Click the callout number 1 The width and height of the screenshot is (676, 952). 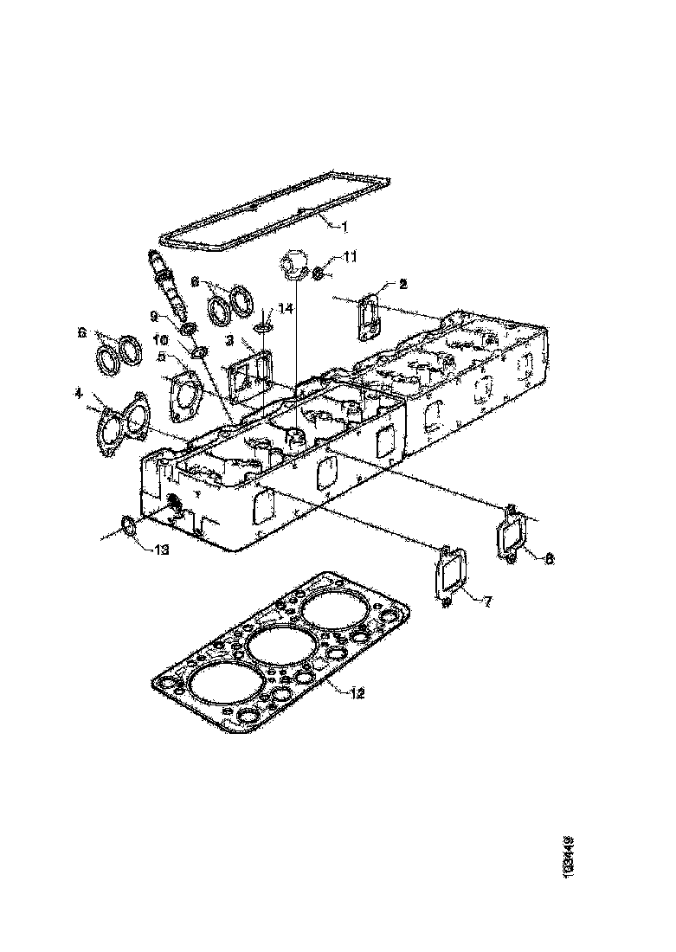tap(343, 228)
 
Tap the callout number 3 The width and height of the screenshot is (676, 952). tap(230, 343)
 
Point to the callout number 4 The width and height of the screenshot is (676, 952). tap(79, 394)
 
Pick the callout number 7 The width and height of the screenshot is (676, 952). tap(487, 601)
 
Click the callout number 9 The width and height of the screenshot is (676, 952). tap(153, 316)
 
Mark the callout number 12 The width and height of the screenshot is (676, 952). tap(357, 691)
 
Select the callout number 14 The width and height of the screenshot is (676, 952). tap(286, 309)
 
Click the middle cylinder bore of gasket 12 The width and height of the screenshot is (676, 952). tap(276, 646)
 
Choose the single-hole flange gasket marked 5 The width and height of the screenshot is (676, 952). tap(184, 396)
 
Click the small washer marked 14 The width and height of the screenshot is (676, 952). tap(264, 327)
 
